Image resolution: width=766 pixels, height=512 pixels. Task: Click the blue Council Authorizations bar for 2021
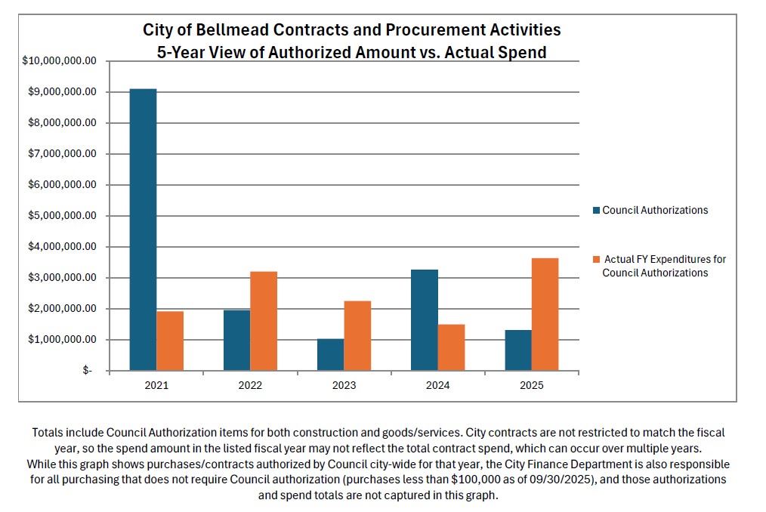[x=143, y=230]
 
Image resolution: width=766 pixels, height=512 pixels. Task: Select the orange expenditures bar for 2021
[x=170, y=341]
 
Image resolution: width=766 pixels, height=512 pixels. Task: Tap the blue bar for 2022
[x=236, y=340]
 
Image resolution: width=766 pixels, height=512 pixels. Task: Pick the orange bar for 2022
[x=264, y=321]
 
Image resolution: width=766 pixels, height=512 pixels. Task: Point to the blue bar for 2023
[x=330, y=355]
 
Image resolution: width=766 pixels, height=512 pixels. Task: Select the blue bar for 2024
[x=424, y=319]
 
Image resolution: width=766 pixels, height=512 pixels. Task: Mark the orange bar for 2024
[x=451, y=347]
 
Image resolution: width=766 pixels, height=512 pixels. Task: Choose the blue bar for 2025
[x=517, y=350]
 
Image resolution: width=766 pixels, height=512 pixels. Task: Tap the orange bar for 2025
[x=545, y=314]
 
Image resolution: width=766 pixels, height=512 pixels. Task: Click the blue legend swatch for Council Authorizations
[x=596, y=211]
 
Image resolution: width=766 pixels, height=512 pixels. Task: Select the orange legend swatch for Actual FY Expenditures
[x=596, y=260]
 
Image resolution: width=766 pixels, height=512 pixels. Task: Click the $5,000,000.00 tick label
[x=62, y=216]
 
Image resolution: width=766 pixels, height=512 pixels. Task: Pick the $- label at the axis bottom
[x=88, y=371]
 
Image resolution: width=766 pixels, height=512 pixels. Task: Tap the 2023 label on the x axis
[x=344, y=385]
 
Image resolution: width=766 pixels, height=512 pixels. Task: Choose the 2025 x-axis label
[x=531, y=385]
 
